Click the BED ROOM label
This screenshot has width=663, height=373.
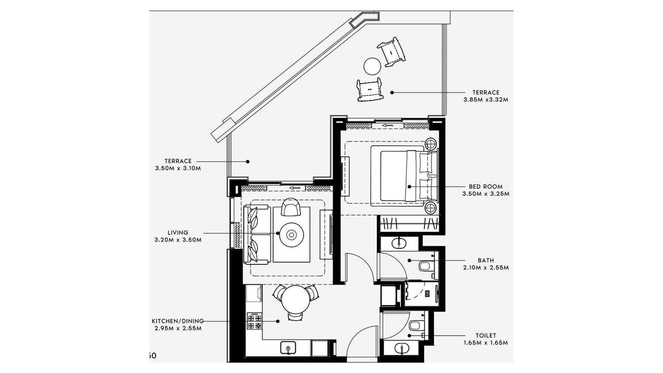click(486, 186)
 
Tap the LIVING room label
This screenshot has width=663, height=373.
click(178, 232)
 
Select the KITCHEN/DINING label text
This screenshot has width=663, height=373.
click(177, 321)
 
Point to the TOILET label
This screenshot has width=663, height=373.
click(486, 335)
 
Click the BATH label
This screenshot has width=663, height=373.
click(486, 260)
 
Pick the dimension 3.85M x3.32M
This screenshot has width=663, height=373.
click(486, 100)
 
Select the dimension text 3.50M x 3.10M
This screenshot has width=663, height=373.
click(178, 169)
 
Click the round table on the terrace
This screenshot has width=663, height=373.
click(372, 66)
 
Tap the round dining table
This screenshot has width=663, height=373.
click(296, 299)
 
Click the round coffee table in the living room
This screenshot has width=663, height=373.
click(291, 235)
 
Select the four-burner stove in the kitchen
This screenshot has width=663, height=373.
click(254, 322)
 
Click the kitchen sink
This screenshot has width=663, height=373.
click(288, 348)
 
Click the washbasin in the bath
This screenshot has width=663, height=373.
click(400, 243)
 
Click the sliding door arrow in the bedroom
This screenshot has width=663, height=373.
click(388, 125)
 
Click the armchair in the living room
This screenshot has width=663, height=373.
click(291, 207)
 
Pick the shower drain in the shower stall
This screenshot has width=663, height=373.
click(427, 294)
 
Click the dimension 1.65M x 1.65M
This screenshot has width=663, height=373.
click(486, 343)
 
